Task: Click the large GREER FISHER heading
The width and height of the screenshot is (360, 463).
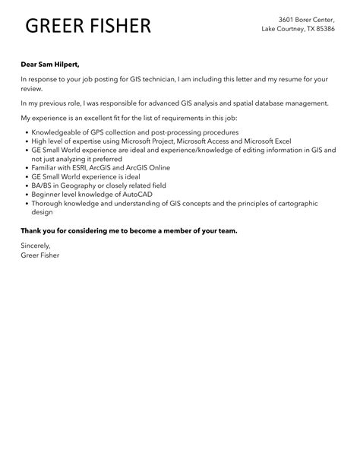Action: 88,26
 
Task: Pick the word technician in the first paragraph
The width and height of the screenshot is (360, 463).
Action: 155,78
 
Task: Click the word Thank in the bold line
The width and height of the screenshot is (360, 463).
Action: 33,230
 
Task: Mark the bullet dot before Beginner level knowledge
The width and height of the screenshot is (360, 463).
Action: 26,195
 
